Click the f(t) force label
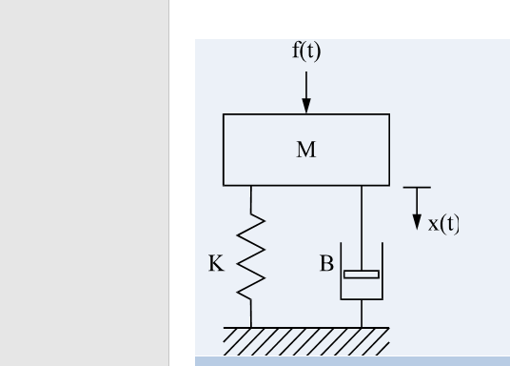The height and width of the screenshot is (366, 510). (x=305, y=52)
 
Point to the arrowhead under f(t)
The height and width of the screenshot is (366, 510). (x=306, y=106)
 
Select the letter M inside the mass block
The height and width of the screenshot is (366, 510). (x=305, y=149)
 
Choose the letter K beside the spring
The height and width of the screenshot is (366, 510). (x=215, y=264)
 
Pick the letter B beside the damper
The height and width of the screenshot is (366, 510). (x=325, y=264)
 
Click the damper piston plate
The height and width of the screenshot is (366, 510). (x=362, y=274)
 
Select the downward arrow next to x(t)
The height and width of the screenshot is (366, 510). (x=416, y=217)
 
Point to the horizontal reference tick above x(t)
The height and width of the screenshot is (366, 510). (x=416, y=188)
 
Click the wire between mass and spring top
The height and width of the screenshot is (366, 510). (x=251, y=197)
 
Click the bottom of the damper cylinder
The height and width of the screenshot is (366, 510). (x=362, y=299)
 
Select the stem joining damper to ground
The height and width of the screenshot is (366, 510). (x=362, y=314)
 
